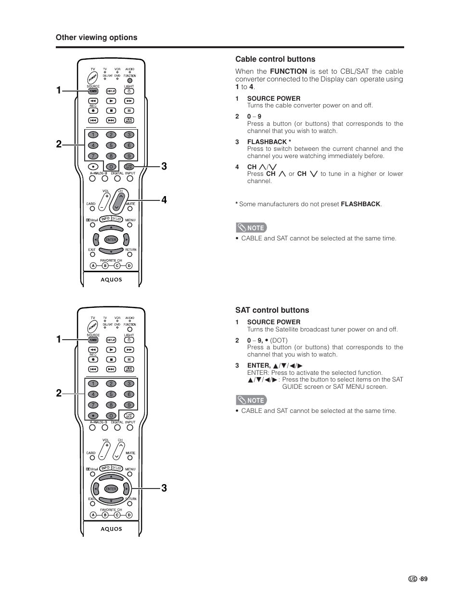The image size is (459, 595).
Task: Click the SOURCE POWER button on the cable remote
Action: click(x=93, y=91)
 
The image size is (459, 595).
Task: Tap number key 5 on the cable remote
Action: click(x=111, y=145)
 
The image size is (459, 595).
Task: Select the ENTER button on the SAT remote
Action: click(x=111, y=489)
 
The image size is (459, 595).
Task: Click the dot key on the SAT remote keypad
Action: click(x=93, y=416)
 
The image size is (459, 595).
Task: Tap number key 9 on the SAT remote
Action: click(x=129, y=405)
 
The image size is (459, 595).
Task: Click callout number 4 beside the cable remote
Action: click(x=164, y=200)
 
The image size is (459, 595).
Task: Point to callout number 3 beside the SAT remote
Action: click(x=164, y=488)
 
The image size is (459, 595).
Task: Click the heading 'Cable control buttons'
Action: click(x=275, y=59)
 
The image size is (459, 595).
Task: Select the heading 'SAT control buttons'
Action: click(x=272, y=310)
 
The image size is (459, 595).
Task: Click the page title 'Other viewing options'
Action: click(x=96, y=38)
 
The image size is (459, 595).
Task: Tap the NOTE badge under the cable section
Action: click(x=251, y=228)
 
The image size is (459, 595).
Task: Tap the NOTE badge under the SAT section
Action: click(x=251, y=400)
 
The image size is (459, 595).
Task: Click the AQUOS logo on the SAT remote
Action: click(x=111, y=529)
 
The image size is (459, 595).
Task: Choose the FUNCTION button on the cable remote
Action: click(x=129, y=81)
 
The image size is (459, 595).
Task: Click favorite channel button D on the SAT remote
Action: click(x=129, y=515)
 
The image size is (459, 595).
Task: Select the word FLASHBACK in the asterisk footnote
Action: click(x=360, y=204)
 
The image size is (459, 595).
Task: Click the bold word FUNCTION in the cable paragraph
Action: click(x=288, y=71)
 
